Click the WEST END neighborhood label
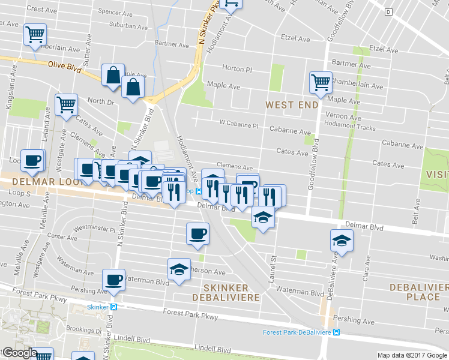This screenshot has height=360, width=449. (292, 105)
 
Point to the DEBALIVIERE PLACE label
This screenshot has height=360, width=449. (418, 292)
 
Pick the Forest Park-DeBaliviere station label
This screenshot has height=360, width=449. (298, 332)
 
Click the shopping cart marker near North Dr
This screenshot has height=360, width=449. (66, 104)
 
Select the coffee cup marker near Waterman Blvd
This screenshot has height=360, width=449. (114, 280)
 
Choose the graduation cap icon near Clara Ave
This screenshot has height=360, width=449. (342, 240)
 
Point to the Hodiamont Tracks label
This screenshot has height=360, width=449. (349, 128)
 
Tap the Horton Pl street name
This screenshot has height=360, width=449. (237, 68)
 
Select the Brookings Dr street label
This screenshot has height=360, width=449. (82, 329)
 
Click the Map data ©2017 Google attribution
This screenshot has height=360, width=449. (412, 355)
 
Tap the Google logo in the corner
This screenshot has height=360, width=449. (19, 353)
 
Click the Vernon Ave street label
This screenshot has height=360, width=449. (342, 115)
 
